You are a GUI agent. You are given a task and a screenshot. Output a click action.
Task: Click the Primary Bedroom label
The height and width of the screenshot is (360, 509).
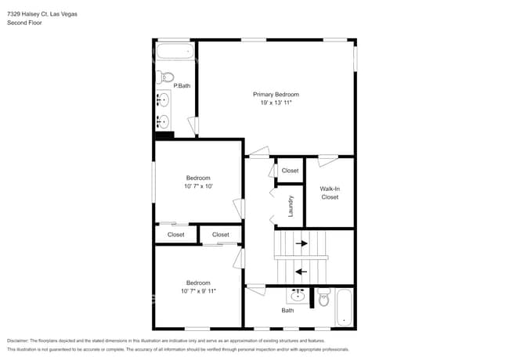(x=276, y=94)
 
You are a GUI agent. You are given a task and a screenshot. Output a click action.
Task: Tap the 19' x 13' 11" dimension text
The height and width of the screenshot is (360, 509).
(x=276, y=103)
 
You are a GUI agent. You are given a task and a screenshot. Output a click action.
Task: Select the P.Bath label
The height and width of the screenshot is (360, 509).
(x=182, y=85)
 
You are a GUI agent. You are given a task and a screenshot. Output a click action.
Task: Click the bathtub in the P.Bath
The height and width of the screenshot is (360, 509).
(x=174, y=52)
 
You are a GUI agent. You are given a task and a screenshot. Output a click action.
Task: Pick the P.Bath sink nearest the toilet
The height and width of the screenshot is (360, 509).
(x=164, y=100)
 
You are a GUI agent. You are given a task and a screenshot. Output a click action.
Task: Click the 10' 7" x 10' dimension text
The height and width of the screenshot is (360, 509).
(x=198, y=186)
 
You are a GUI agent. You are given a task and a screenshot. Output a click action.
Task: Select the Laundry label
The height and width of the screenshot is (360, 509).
(x=291, y=205)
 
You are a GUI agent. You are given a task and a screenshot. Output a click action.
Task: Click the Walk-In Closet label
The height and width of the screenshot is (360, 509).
(x=330, y=193)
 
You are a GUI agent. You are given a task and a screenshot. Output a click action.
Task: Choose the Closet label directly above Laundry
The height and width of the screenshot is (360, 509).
(x=290, y=171)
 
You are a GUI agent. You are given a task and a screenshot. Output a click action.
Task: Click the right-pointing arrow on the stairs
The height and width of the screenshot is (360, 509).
(x=301, y=243)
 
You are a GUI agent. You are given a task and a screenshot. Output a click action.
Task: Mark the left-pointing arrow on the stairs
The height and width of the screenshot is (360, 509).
(x=301, y=272)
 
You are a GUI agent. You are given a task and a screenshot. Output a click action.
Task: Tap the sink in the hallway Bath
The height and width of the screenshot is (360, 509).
(x=298, y=296)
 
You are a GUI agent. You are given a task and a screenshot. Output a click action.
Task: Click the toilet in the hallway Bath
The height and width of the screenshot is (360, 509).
(x=324, y=297)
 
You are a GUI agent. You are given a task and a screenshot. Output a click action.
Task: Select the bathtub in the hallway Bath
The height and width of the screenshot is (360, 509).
(x=345, y=308)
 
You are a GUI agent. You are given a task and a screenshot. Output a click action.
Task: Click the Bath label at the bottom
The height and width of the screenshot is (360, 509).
(x=287, y=311)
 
